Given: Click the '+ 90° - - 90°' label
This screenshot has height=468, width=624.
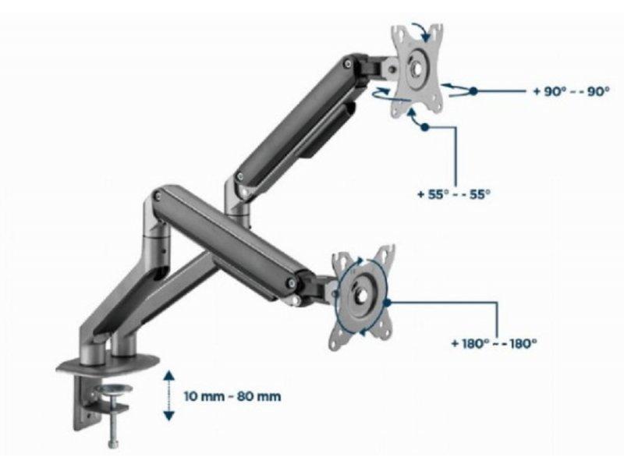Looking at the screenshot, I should (x=571, y=91).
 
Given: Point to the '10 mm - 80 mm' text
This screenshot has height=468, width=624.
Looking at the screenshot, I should (x=232, y=396).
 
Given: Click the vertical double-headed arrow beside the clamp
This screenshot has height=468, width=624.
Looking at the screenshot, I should (x=168, y=396).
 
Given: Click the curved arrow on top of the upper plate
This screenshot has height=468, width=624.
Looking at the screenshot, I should (x=422, y=32).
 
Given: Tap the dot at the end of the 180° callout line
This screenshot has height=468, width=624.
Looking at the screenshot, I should (x=388, y=301).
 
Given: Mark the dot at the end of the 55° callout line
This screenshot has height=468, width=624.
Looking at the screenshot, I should (x=422, y=125).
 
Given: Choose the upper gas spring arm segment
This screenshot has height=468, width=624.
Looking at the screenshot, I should (x=296, y=125).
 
